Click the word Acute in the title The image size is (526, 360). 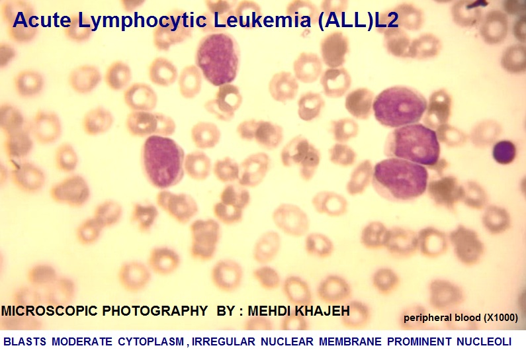tap(42, 20)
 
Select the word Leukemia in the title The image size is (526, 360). tap(262, 20)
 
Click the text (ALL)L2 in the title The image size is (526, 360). tap(358, 21)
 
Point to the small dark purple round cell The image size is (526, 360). tap(504, 152)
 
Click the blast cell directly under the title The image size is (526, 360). tap(218, 60)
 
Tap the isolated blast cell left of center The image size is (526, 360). tap(163, 161)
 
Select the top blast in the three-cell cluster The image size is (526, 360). tap(399, 107)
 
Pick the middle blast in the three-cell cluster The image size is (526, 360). tap(416, 144)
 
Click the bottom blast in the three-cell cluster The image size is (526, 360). tap(400, 178)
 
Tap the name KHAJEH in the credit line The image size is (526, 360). tap(322, 311)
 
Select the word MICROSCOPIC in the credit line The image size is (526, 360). tap(50, 311)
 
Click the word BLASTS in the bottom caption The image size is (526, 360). tap(25, 342)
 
